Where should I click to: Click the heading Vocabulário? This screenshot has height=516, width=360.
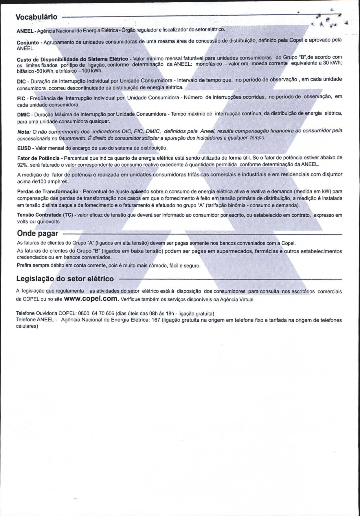tap(36, 17)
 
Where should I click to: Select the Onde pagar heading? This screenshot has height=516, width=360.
tap(38, 233)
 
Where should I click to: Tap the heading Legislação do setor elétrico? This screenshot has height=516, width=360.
tap(65, 279)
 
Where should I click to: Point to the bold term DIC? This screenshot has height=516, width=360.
tap(21, 82)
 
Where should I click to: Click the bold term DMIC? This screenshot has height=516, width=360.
tap(23, 114)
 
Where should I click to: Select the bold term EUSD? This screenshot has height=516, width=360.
tap(24, 148)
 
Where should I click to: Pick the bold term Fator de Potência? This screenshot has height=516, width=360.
tap(38, 158)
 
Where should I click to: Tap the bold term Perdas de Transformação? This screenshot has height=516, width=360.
tap(48, 192)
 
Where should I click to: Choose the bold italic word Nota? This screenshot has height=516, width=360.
tap(24, 132)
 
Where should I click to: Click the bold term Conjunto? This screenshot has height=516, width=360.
tap(28, 43)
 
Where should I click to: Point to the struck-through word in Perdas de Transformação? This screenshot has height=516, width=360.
tap(139, 191)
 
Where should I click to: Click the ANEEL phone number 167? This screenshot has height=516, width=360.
tap(156, 320)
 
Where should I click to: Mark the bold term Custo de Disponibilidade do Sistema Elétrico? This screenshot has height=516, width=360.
tap(72, 59)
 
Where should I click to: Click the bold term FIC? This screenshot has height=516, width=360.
tap(21, 98)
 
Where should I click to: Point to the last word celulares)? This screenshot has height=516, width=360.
tap(27, 326)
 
